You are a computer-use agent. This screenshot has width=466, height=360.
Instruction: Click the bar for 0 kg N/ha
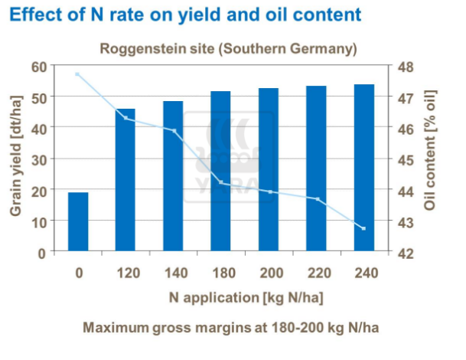[78, 221]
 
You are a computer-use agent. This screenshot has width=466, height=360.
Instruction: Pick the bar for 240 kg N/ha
[363, 168]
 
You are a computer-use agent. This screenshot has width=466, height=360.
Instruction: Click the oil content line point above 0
[78, 74]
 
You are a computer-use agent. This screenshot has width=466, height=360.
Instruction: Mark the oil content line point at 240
[363, 228]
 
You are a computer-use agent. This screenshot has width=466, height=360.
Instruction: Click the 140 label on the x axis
[173, 271]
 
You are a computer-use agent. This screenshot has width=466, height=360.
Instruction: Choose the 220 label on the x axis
[315, 271]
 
